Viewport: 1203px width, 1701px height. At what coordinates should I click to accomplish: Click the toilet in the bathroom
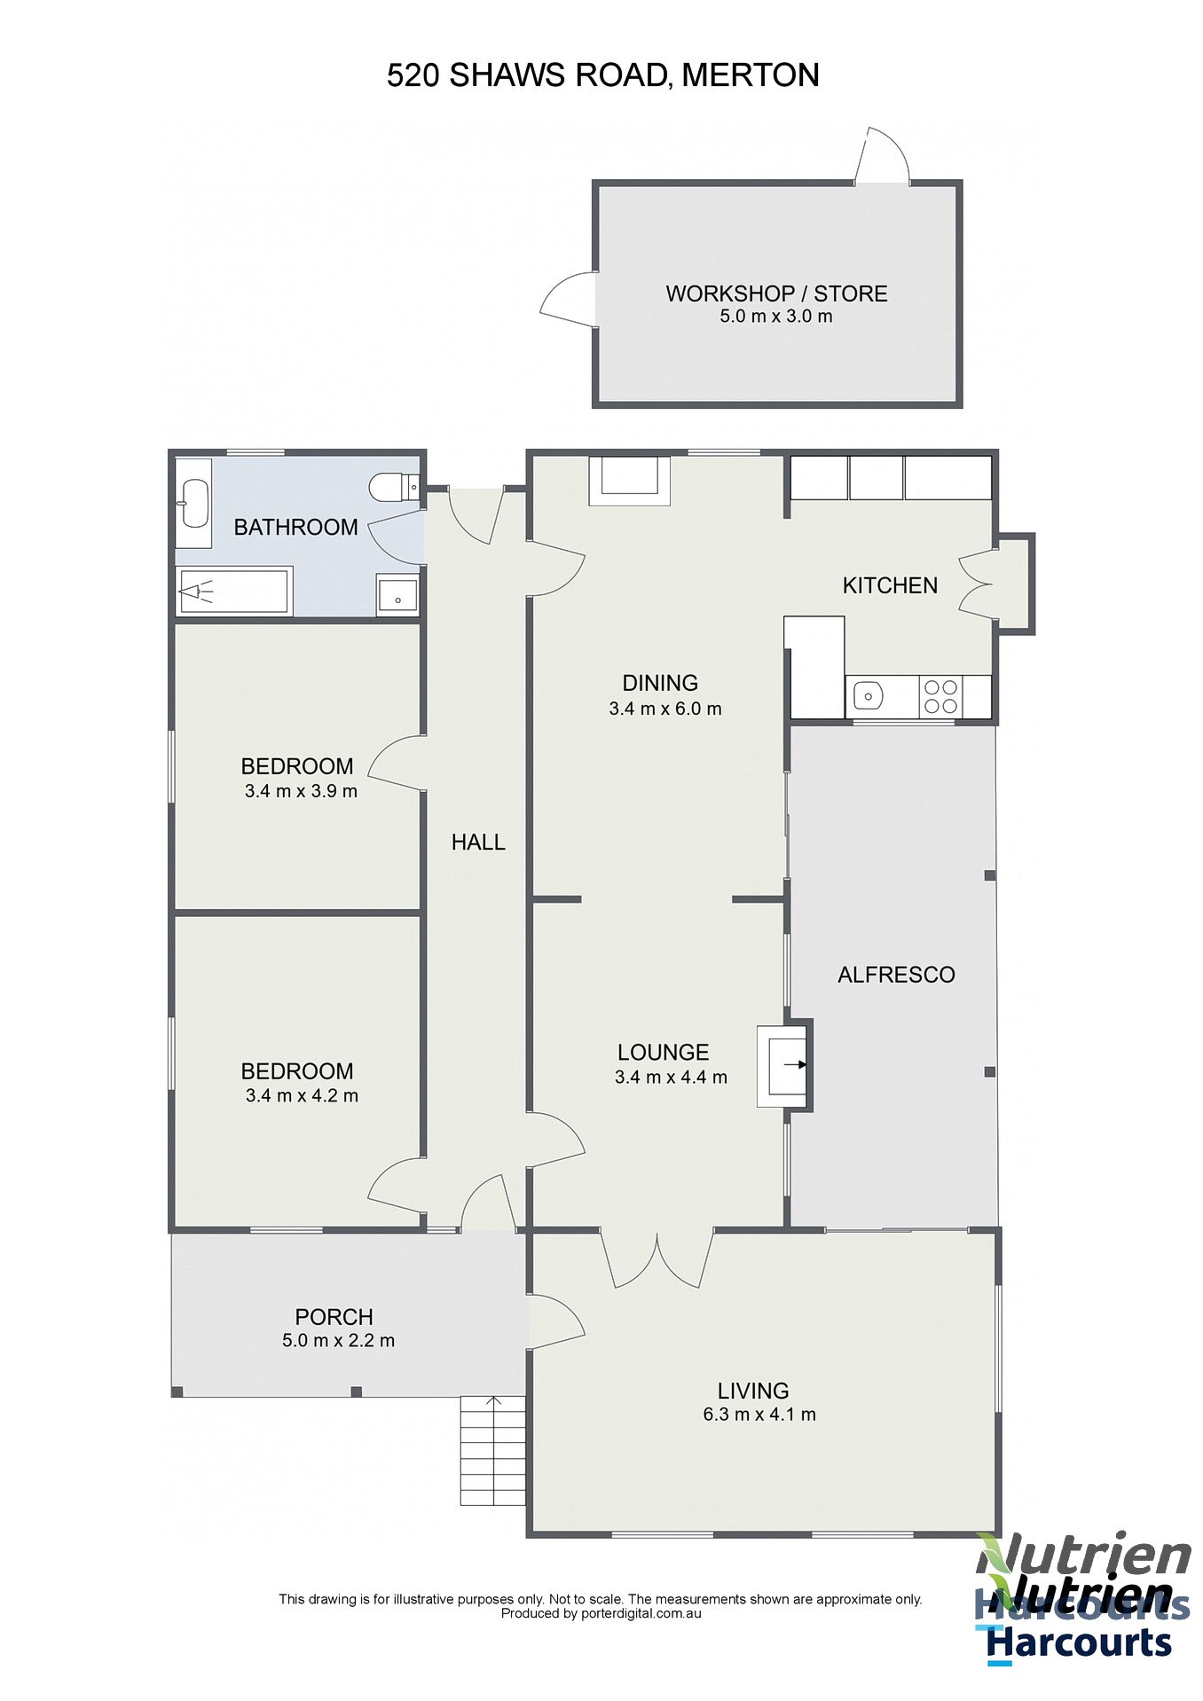(x=394, y=487)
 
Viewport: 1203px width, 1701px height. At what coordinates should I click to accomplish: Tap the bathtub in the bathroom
(x=233, y=590)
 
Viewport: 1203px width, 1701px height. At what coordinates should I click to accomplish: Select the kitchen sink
(x=867, y=696)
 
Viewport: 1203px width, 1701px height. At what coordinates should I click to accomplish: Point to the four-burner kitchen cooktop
(x=941, y=696)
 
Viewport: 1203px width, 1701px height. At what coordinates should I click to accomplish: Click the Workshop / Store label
(x=776, y=294)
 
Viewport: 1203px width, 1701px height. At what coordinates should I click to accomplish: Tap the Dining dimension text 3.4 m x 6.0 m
(x=665, y=709)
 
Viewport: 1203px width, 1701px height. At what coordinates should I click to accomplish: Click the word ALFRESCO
(x=896, y=975)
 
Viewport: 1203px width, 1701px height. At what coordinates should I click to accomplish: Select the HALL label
(x=478, y=842)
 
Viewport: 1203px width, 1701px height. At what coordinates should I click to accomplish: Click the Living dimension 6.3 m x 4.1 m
(x=759, y=1415)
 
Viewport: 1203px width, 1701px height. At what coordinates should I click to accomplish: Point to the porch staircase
(x=492, y=1451)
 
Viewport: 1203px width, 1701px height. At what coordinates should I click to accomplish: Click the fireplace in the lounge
(x=782, y=1066)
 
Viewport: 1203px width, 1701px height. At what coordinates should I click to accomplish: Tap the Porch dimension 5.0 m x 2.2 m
(x=338, y=1340)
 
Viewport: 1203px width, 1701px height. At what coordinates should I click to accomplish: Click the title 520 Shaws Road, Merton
(x=602, y=75)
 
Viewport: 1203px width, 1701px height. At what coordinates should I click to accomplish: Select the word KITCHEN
(x=890, y=585)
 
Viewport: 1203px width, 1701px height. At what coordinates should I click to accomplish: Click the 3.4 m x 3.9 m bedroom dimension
(x=301, y=791)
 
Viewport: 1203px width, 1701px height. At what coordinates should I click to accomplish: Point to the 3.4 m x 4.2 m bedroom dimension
(x=302, y=1095)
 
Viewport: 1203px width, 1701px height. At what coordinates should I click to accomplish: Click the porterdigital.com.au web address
(x=641, y=1613)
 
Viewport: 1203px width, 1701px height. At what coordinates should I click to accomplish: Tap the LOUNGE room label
(x=663, y=1052)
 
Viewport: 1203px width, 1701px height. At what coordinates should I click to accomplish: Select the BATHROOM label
(x=295, y=527)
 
